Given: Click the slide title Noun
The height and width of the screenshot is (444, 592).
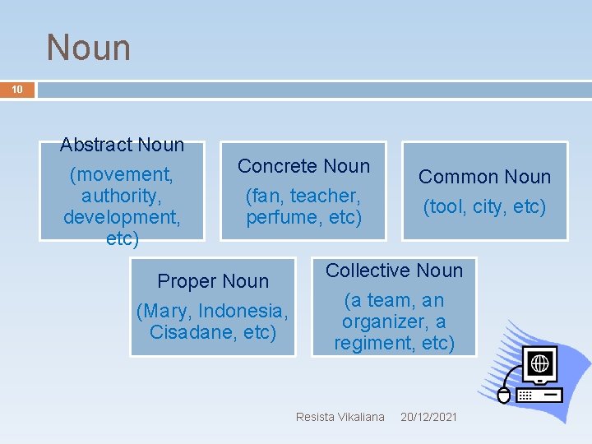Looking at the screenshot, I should [x=89, y=47].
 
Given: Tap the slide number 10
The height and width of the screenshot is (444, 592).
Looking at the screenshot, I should [x=16, y=89].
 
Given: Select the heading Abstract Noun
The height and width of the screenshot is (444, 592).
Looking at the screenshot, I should [x=122, y=145].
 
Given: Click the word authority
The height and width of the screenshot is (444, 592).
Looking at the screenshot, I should [x=122, y=196].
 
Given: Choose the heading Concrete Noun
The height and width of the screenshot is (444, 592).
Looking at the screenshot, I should [x=303, y=166].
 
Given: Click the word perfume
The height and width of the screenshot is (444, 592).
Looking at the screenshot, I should [x=279, y=217].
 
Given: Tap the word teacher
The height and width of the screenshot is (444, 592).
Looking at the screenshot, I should [x=326, y=196].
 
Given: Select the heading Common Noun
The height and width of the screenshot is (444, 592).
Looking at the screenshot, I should [x=484, y=177].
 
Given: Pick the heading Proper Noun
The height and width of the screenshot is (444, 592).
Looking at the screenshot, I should [x=213, y=281].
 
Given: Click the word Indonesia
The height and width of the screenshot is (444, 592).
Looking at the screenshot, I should [x=243, y=312].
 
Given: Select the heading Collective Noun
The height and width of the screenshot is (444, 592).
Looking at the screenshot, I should [x=394, y=271].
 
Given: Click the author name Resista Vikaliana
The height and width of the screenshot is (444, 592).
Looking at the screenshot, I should [x=340, y=417].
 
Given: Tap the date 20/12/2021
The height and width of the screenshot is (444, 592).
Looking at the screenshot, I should [x=428, y=417].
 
